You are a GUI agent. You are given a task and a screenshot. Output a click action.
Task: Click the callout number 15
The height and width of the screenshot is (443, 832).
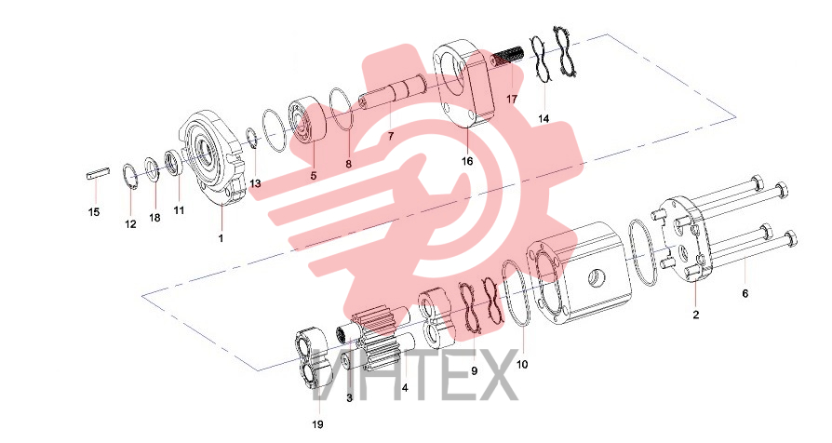point(93,212)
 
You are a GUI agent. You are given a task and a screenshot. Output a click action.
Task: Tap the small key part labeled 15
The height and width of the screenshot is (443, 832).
point(98,172)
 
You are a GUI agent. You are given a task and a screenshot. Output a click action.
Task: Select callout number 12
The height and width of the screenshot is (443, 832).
point(130,224)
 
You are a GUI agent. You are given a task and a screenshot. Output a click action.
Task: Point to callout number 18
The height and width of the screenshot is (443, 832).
point(154,218)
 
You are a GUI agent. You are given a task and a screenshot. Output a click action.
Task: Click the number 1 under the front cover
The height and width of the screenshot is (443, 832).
point(221,238)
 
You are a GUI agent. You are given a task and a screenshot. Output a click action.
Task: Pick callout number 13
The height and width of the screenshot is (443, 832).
point(255,183)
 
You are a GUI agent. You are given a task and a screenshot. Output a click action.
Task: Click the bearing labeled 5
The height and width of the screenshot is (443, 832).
point(308,124)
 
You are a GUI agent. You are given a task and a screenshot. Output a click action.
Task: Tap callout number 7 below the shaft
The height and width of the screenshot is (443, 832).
point(391,137)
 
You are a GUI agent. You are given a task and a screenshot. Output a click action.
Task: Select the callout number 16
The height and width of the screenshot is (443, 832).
point(467,162)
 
